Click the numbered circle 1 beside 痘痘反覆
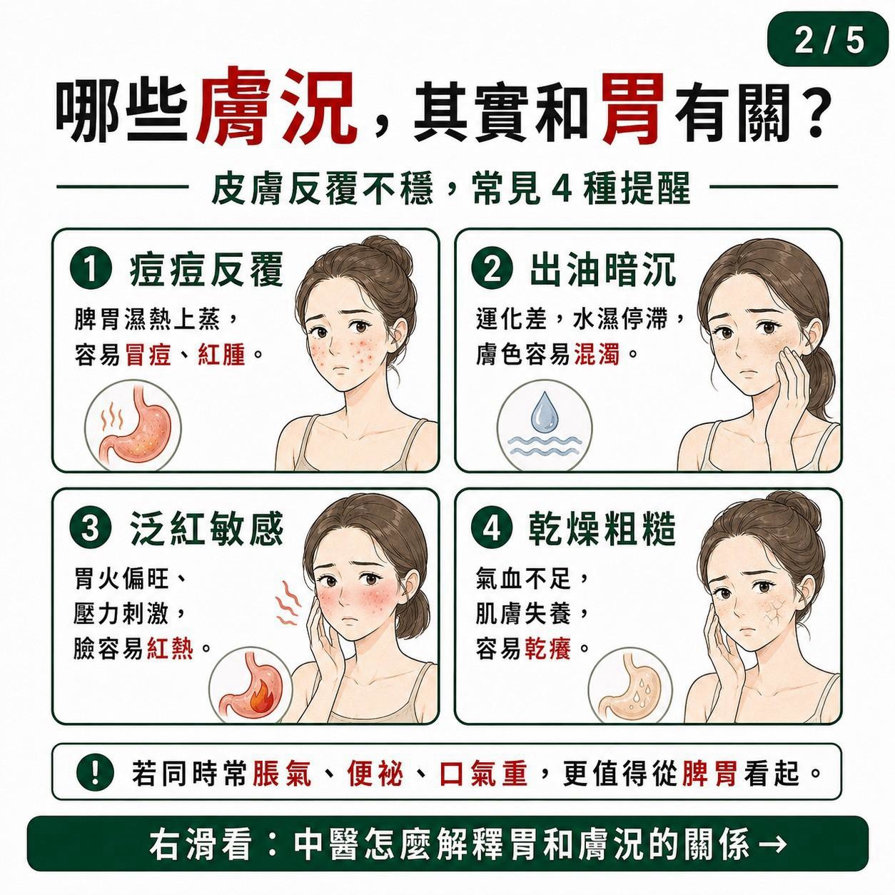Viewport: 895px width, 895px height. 91,271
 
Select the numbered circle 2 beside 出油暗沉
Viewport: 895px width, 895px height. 492,271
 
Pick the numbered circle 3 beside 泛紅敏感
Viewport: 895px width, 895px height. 91,530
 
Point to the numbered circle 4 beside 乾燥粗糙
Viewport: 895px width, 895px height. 492,530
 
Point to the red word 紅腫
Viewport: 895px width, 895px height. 221,355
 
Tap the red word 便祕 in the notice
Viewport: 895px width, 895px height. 375,774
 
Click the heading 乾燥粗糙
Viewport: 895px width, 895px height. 603,530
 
